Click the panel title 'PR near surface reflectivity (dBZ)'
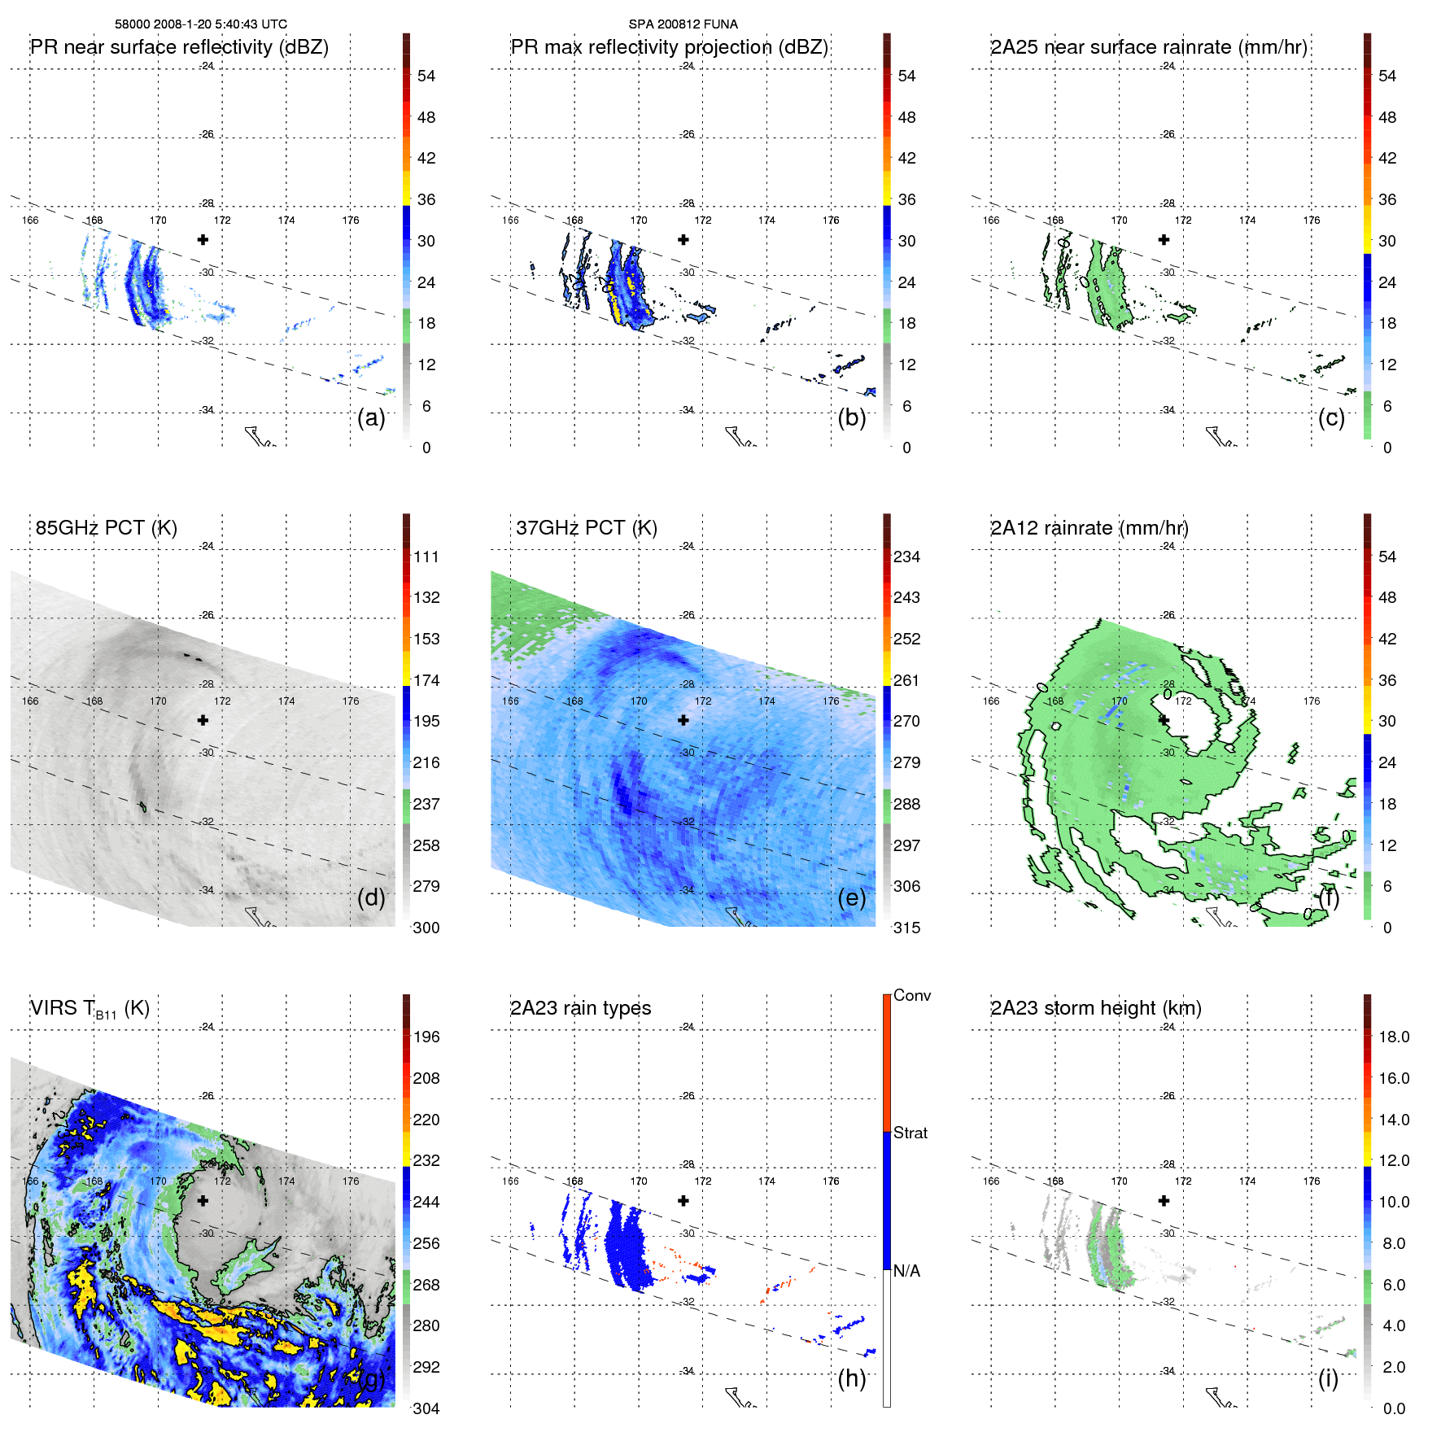click(x=179, y=47)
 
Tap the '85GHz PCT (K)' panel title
click(x=106, y=528)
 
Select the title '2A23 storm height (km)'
click(x=1095, y=1008)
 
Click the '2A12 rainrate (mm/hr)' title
click(x=1089, y=528)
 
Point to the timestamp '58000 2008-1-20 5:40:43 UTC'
click(x=200, y=24)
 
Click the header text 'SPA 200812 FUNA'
click(x=683, y=24)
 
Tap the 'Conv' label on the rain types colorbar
click(x=911, y=996)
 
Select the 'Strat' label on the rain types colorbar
click(x=910, y=1133)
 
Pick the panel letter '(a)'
click(x=371, y=418)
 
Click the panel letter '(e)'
click(x=851, y=898)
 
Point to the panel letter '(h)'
click(x=851, y=1378)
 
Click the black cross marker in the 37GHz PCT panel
click(x=683, y=720)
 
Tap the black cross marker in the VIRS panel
click(x=203, y=1200)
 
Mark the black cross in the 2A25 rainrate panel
click(x=1164, y=239)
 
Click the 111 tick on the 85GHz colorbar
click(x=426, y=557)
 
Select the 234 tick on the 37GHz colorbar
click(x=906, y=557)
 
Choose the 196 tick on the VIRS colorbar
click(x=426, y=1037)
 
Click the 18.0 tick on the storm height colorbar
click(x=1393, y=1037)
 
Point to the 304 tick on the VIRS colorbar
click(x=426, y=1408)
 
